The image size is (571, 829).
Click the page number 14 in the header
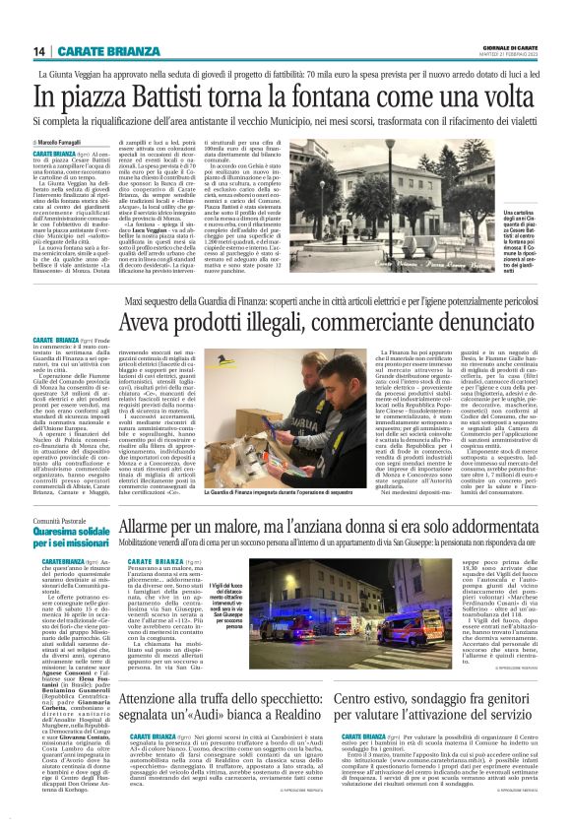click(x=39, y=51)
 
